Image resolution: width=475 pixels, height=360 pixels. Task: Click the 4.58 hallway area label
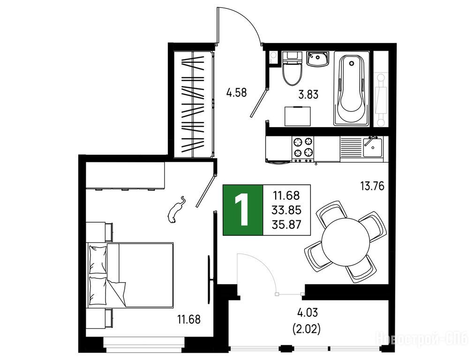point(237,92)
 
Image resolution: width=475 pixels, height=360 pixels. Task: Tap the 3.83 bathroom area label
point(309,95)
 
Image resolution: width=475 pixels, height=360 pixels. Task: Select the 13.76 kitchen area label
point(372,186)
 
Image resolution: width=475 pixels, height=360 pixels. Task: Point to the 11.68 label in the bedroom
point(188,319)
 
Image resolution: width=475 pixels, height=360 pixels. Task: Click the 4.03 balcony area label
point(308,313)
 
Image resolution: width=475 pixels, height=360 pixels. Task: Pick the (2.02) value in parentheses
point(306,329)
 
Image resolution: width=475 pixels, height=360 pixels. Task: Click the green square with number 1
point(243,210)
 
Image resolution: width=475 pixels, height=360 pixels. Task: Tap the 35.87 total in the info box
point(287,225)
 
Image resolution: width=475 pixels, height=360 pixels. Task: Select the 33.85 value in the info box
point(287,210)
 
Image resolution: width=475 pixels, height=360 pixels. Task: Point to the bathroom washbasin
point(317,59)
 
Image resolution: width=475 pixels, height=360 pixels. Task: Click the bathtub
point(352,89)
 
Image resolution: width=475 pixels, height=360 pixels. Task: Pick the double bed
point(130,275)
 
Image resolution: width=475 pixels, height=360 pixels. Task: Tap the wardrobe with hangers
point(193,104)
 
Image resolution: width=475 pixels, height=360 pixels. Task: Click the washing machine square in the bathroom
point(297,116)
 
